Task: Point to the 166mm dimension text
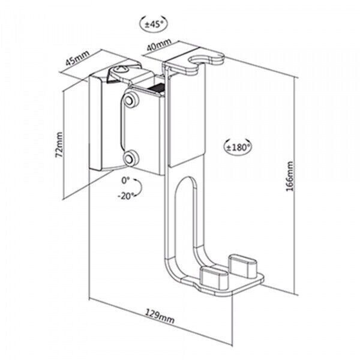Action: (x=289, y=173)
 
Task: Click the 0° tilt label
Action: (x=125, y=179)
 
